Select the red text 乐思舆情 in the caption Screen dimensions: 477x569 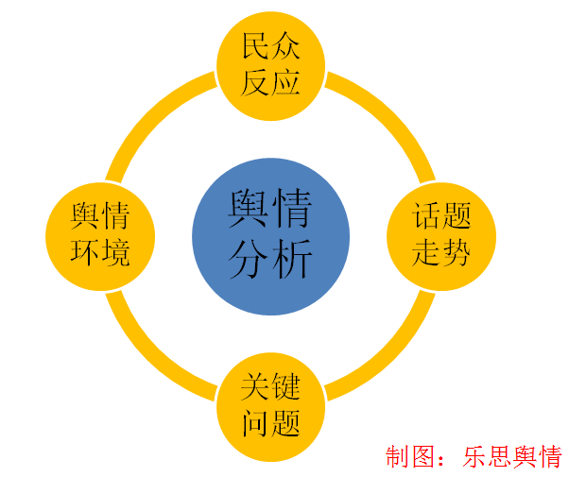tap(511, 457)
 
